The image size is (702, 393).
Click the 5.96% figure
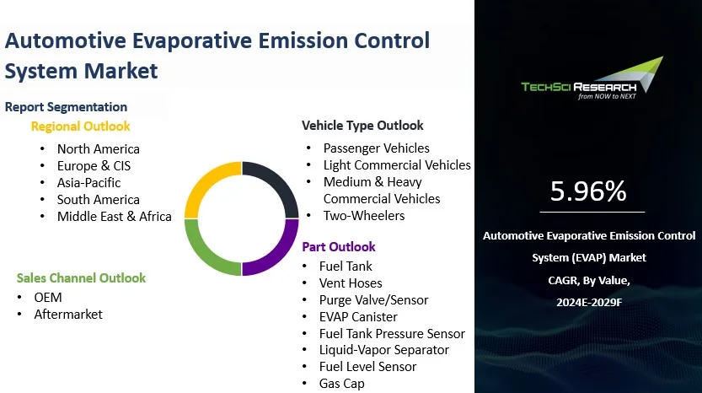point(588,191)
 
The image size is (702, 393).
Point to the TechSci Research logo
point(591,81)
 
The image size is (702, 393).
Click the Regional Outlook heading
point(81,127)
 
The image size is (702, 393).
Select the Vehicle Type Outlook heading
point(362,126)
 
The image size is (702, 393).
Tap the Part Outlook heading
point(339,247)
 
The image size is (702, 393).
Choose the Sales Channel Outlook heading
point(81,277)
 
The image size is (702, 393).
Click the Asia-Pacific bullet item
point(88,182)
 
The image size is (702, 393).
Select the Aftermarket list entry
point(67,314)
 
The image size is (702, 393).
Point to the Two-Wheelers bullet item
point(364,216)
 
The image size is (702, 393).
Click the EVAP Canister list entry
point(358,316)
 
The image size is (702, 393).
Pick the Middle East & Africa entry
point(114,216)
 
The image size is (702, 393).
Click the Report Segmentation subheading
point(66,107)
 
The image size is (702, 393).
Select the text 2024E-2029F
point(588,301)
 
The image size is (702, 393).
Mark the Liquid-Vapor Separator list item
point(383,350)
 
